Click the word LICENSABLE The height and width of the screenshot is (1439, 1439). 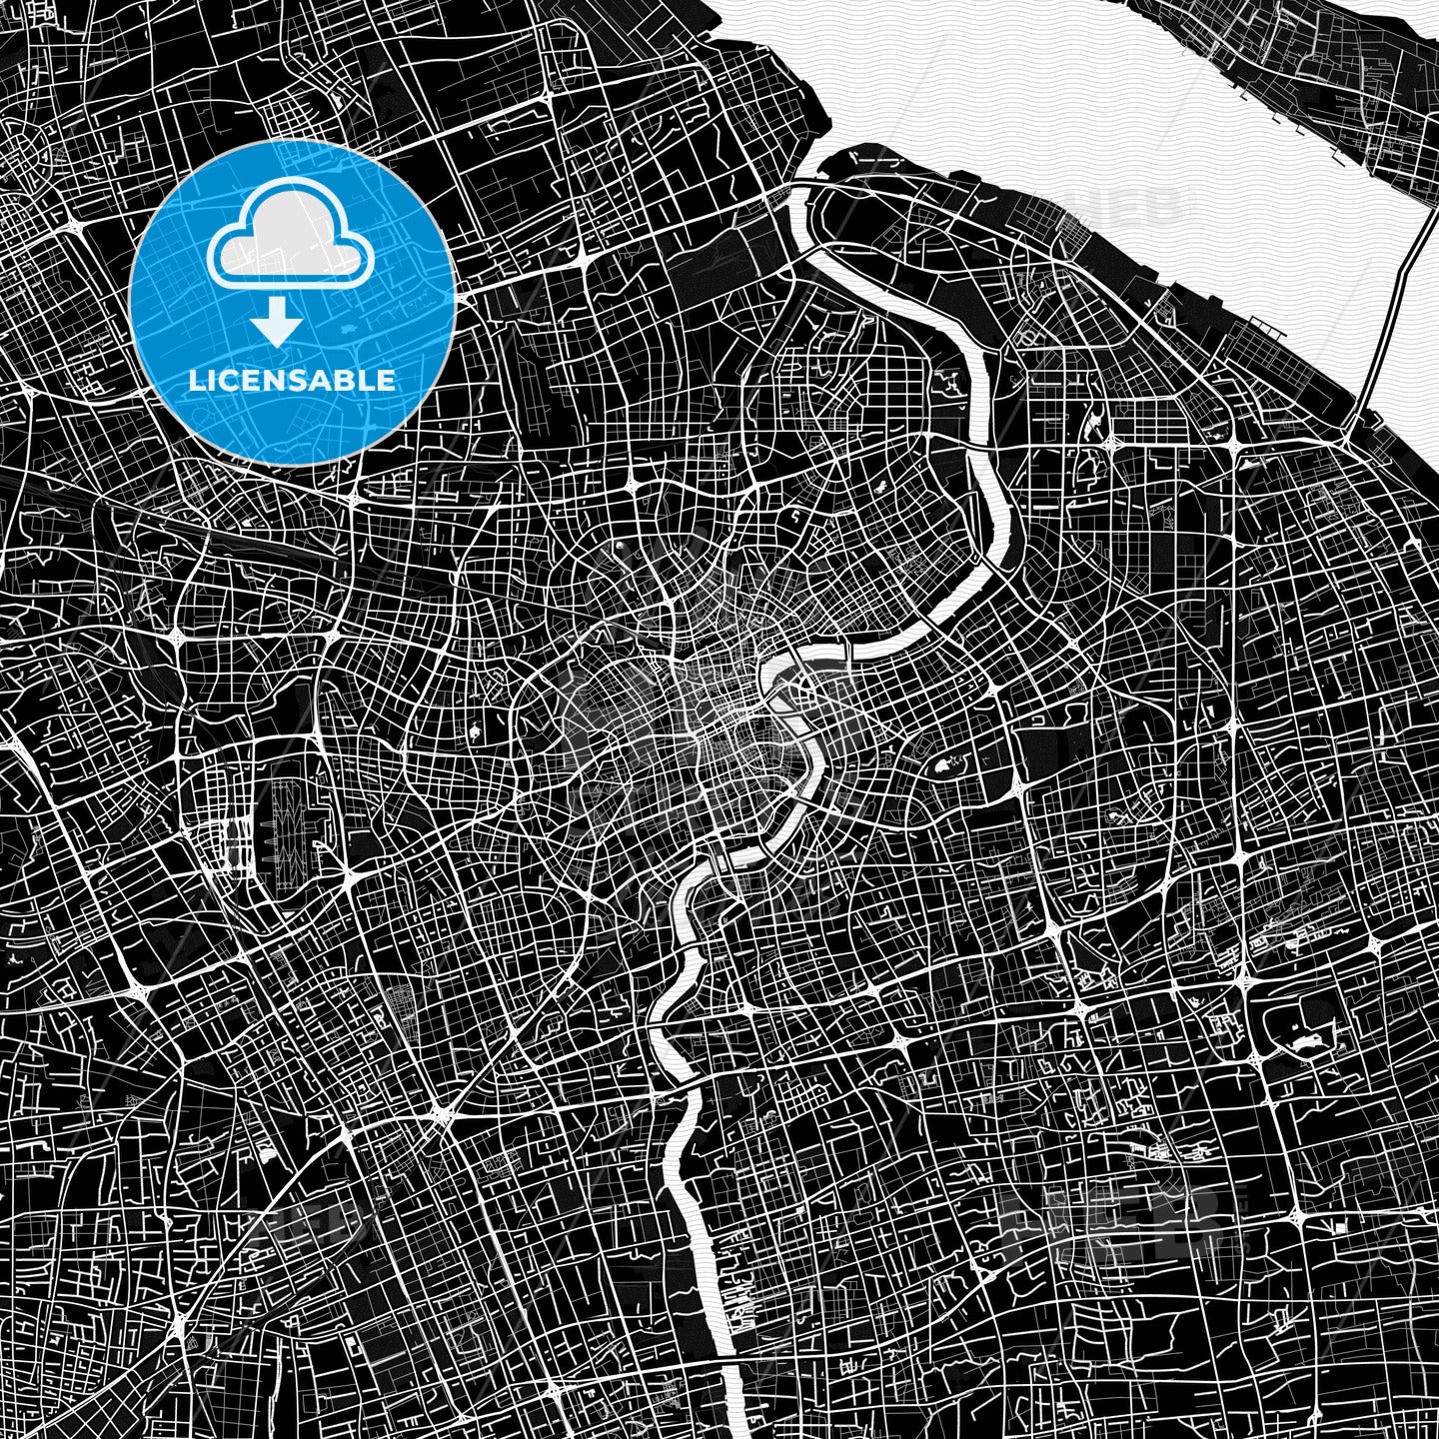(x=292, y=380)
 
